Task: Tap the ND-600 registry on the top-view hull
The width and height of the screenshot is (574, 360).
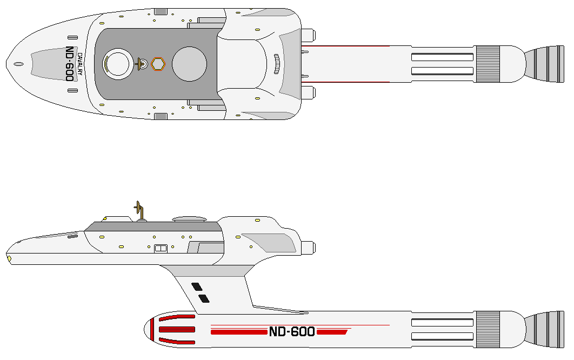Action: [x=70, y=64]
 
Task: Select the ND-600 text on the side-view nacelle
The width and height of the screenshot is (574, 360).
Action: [x=292, y=332]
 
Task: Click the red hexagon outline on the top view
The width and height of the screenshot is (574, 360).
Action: [x=158, y=64]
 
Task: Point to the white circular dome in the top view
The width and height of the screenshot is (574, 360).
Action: [x=117, y=63]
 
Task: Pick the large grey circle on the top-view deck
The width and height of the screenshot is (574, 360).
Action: [x=189, y=63]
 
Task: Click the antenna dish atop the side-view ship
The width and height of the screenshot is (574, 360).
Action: [x=139, y=208]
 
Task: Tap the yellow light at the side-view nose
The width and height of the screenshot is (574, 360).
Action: [x=9, y=258]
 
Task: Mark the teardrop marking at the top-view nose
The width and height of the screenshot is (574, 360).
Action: [x=18, y=64]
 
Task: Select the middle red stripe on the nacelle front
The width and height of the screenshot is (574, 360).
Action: [x=177, y=329]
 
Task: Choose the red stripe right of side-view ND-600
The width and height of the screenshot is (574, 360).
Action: [x=332, y=332]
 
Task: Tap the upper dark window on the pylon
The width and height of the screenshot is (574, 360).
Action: [x=197, y=286]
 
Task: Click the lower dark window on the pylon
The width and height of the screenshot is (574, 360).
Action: [x=204, y=298]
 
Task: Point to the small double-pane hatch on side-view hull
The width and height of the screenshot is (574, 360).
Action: [x=160, y=249]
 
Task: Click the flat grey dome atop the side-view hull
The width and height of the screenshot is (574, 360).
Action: [x=189, y=219]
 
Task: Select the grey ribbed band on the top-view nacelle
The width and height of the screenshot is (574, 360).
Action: [x=488, y=64]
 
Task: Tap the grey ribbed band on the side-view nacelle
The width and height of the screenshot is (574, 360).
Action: [x=488, y=329]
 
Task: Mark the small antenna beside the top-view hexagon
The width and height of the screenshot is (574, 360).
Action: [x=143, y=64]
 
